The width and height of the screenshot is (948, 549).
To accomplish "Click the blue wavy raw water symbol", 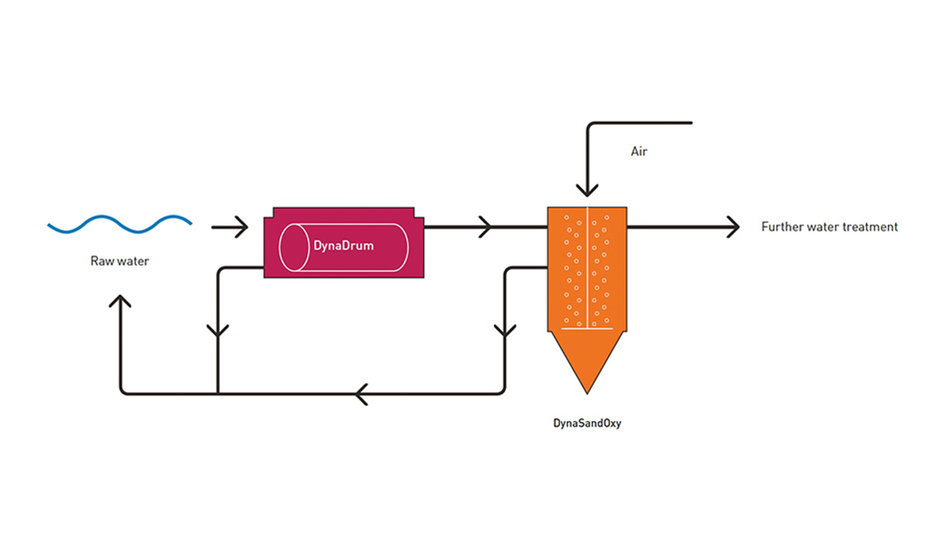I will pyautogui.click(x=120, y=224).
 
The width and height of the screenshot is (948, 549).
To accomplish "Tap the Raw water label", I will pyautogui.click(x=120, y=261).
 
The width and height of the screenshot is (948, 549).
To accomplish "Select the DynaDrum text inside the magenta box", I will pyautogui.click(x=343, y=246).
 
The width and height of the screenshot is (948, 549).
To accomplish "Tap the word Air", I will pyautogui.click(x=639, y=152).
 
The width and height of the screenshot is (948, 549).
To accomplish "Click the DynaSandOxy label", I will pyautogui.click(x=587, y=423).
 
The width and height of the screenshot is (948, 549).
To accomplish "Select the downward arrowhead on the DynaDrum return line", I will pyautogui.click(x=218, y=331).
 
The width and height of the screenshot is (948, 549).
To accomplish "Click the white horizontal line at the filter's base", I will pyautogui.click(x=587, y=328).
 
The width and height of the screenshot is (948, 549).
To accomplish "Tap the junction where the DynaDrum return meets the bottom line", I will pyautogui.click(x=218, y=394).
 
